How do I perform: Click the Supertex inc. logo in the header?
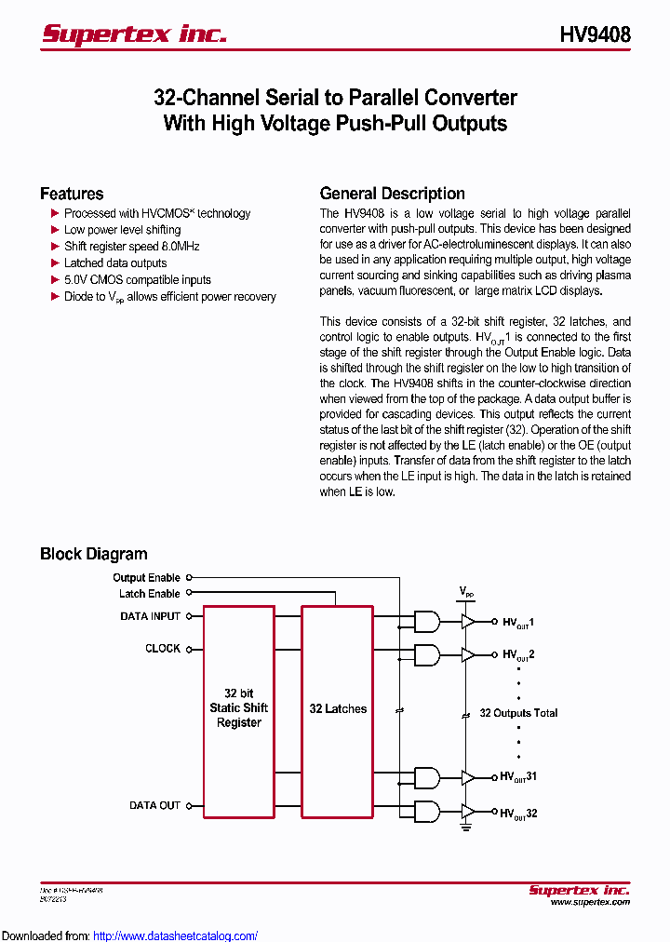pos(134,34)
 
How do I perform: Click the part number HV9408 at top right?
pos(595,34)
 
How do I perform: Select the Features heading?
pos(72,194)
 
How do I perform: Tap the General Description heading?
pos(392,194)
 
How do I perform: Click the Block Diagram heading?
pos(93,554)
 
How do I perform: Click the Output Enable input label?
pos(146,578)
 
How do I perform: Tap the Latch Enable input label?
pos(149,594)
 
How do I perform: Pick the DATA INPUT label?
pos(150,616)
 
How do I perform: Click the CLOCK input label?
pos(162,649)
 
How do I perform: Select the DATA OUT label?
pos(154,805)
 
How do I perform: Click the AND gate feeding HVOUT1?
pos(426,622)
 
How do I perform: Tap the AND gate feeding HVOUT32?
pos(426,812)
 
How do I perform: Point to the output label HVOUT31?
pos(518,776)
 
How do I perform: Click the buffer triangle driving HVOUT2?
pos(468,654)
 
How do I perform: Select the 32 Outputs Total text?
pos(518,713)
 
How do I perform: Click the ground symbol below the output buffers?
pos(465,826)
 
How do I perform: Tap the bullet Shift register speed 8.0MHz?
pos(131,247)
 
